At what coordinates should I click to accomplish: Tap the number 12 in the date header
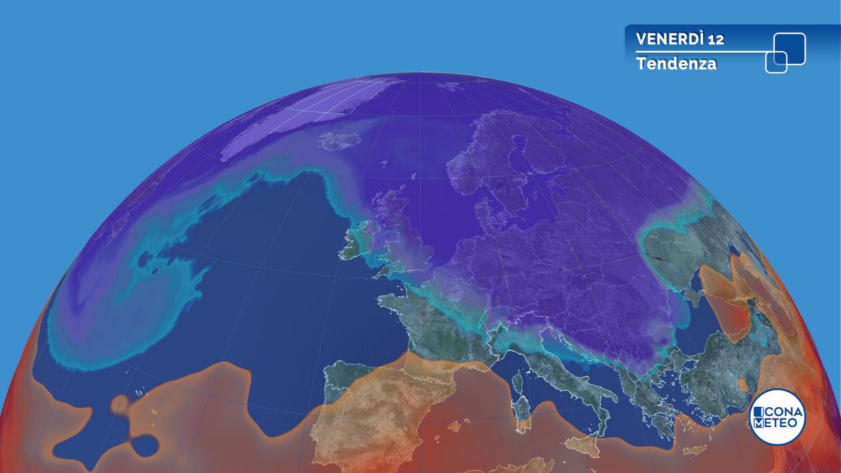click(715, 39)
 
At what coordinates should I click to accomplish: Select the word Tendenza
click(676, 63)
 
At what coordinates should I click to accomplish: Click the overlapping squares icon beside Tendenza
click(785, 52)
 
